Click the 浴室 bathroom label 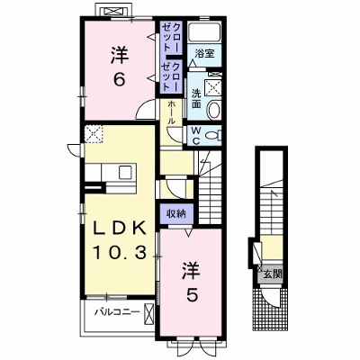[x=204, y=54]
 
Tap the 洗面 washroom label [x=196, y=99]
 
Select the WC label [x=196, y=136]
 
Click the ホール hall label [x=172, y=112]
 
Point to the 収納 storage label [x=176, y=213]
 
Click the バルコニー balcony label [x=117, y=312]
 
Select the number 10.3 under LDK [x=119, y=252]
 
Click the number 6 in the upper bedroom [x=120, y=79]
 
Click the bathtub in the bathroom [x=204, y=31]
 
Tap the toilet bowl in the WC [x=214, y=136]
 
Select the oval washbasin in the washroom [x=213, y=109]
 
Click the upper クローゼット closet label [x=171, y=37]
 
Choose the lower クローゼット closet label [x=171, y=76]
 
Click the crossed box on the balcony [x=148, y=313]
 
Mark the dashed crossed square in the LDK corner [x=94, y=134]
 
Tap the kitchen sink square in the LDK [x=125, y=172]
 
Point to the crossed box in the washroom [x=213, y=87]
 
